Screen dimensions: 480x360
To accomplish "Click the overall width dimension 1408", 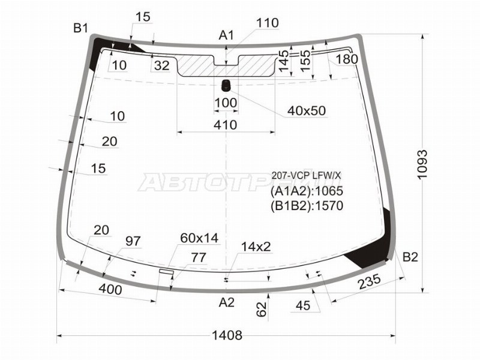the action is tap(227, 335).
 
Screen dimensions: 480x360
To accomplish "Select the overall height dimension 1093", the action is tap(422, 164).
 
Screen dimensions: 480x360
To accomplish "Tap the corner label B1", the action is tap(80, 28).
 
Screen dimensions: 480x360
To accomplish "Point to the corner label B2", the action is tap(410, 257).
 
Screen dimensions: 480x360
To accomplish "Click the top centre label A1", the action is tap(226, 35).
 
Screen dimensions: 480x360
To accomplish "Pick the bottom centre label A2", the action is tap(227, 302).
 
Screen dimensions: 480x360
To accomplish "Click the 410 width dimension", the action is tap(226, 125).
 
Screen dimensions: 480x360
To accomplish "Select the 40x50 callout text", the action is tap(307, 111).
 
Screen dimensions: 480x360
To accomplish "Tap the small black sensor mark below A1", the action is tap(226, 85).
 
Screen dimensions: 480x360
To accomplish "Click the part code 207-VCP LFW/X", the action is tap(306, 175).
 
